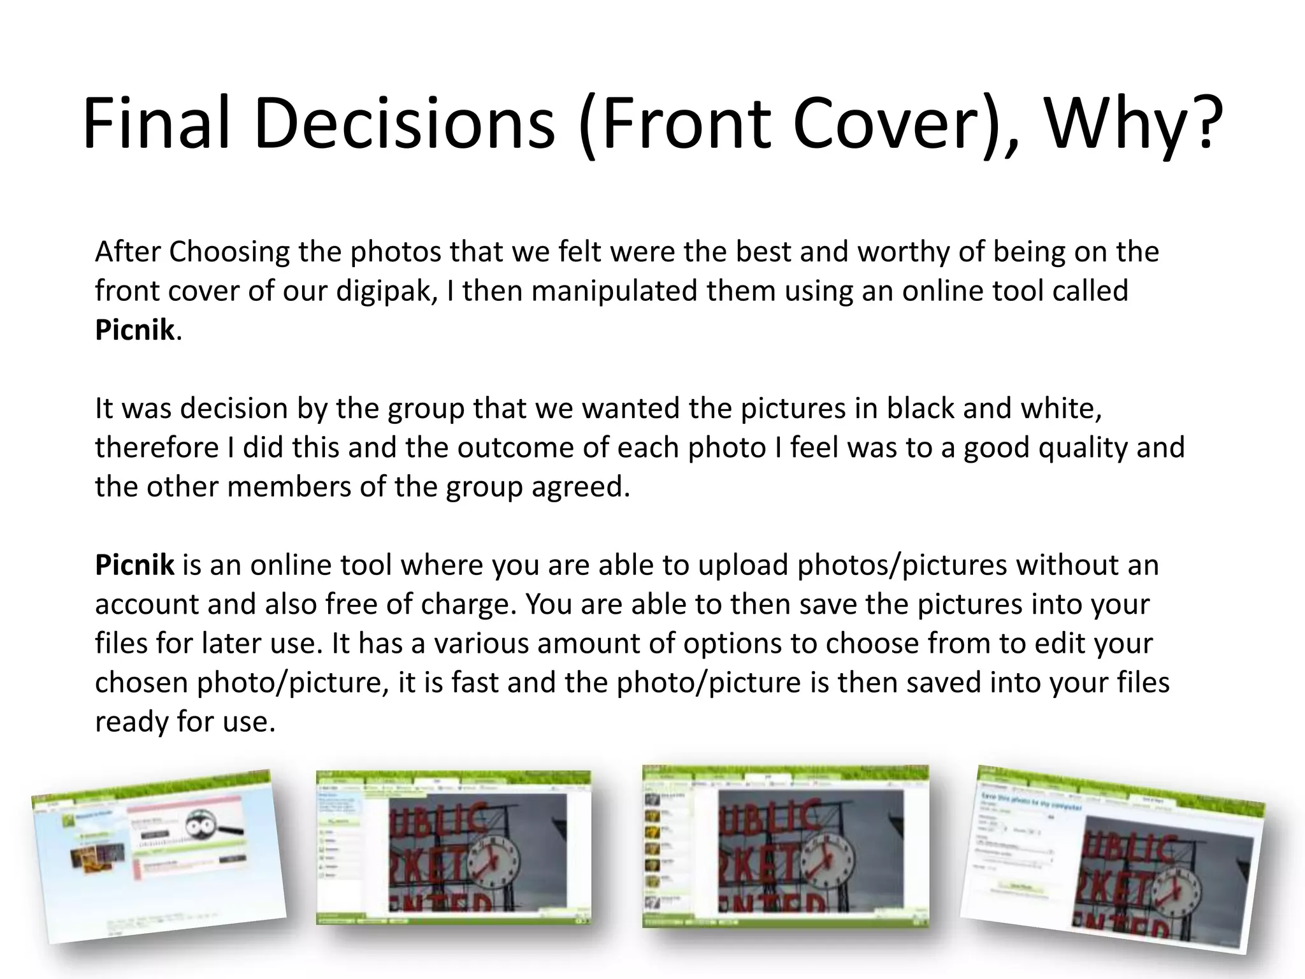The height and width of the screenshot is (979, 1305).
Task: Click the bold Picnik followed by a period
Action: click(134, 330)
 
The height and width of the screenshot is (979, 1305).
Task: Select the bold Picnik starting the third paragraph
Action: click(134, 565)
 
